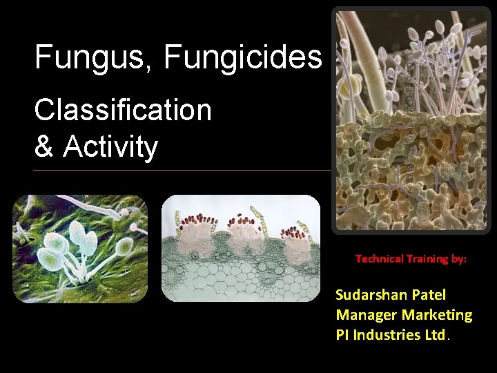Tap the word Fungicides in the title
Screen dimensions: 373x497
tap(243, 57)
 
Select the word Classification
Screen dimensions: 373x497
tap(123, 110)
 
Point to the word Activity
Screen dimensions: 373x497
tap(110, 146)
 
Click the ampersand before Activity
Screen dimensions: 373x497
tap(45, 146)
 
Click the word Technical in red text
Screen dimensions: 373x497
tap(379, 259)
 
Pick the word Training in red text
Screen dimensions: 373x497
tap(425, 259)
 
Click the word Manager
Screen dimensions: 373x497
tap(363, 315)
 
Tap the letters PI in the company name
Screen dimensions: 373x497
tap(342, 335)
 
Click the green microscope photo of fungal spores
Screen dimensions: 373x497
tap(80, 248)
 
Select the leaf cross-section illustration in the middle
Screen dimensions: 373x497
tap(241, 248)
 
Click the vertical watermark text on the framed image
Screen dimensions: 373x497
tap(409, 114)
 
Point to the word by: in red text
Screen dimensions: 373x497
tap(458, 259)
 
